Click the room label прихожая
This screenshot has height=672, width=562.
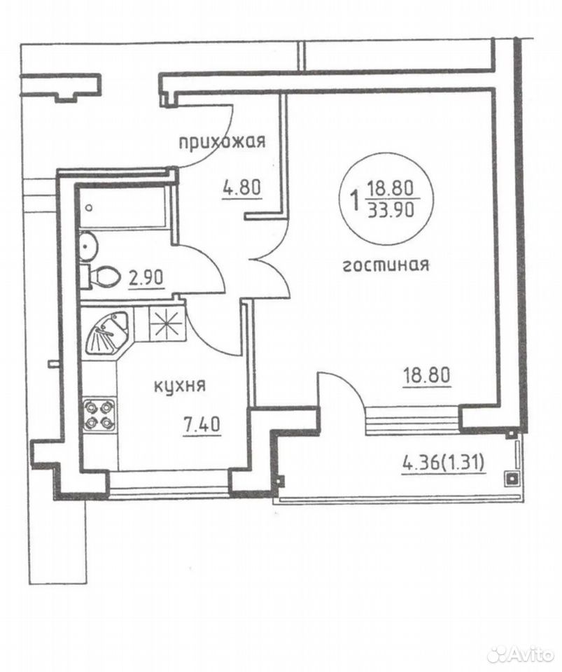coord(222,141)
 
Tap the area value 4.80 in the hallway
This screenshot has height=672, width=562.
coord(241,188)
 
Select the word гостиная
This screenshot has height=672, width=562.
coord(386,265)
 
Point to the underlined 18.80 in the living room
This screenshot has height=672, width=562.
coord(427,376)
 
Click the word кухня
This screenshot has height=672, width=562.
coord(179,386)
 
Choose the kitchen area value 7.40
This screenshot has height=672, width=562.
coord(202,425)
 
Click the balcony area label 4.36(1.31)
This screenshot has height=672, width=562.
coord(443,463)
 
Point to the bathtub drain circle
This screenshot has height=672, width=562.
coord(89,208)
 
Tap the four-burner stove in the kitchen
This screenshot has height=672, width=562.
coord(99,414)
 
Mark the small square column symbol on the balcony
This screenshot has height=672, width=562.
coord(512,478)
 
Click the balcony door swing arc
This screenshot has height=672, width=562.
coord(342,386)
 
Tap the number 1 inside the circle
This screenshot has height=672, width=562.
coord(355,199)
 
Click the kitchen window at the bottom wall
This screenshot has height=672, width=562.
coord(170,482)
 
